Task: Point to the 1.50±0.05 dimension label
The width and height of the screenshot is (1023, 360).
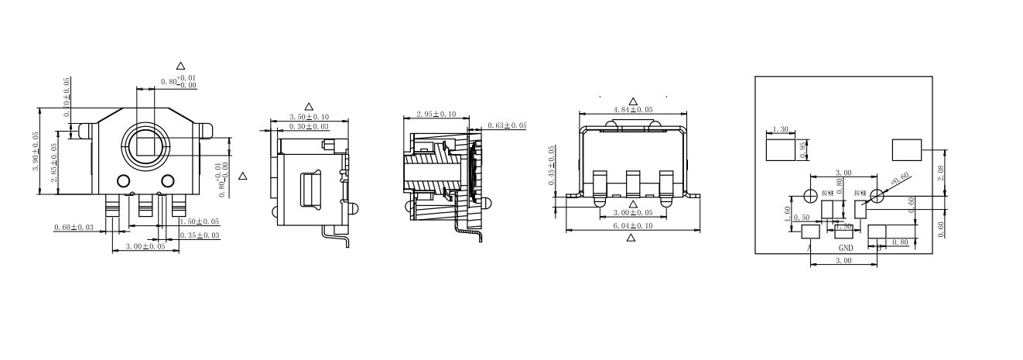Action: (x=199, y=221)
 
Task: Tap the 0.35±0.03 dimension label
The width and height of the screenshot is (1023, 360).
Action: (x=200, y=235)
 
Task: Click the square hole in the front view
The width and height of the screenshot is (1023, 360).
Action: (x=145, y=146)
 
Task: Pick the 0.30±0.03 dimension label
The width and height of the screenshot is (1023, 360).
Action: (x=308, y=126)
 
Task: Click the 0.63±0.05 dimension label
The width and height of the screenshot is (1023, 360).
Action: (x=507, y=125)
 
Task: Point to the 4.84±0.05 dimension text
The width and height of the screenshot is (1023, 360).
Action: (x=633, y=110)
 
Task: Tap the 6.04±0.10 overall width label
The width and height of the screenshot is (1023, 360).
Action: (x=632, y=225)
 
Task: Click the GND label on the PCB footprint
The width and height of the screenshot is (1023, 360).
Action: (x=846, y=249)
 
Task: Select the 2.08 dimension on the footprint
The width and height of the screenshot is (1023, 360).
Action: (x=940, y=173)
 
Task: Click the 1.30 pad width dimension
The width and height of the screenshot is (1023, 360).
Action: (x=780, y=130)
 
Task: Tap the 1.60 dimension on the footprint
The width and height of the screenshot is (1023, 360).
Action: (x=789, y=214)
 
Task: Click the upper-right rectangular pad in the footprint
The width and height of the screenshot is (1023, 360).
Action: (x=907, y=149)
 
